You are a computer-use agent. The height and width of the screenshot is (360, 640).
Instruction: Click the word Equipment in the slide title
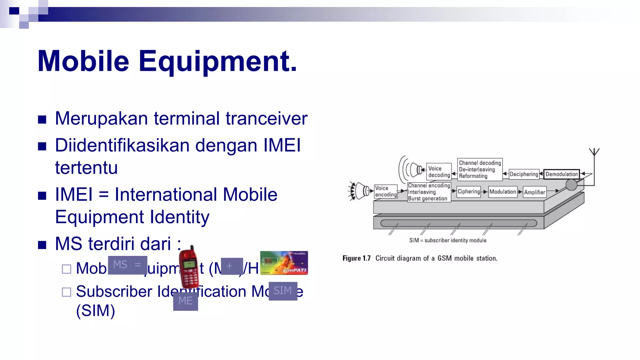218,61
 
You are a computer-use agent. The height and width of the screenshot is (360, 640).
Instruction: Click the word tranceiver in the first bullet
266,119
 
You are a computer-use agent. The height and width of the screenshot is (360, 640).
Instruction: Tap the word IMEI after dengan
282,146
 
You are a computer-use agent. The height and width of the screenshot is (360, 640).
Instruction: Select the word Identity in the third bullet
179,217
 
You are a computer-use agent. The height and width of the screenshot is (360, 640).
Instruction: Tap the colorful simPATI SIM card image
284,263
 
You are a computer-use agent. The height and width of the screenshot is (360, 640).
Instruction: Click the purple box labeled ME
185,301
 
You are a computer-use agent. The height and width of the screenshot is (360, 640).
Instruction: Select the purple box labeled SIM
283,291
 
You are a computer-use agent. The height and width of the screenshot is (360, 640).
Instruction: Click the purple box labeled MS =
127,265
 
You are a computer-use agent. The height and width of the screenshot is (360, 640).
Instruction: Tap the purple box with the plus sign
232,266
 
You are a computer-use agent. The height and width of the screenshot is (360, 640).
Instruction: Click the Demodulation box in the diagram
561,174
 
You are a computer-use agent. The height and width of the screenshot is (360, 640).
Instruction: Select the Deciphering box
524,174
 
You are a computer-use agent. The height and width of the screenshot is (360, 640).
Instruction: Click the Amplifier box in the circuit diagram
534,192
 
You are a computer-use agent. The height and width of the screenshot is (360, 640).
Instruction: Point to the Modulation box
502,192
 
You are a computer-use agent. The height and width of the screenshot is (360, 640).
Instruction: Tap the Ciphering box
468,192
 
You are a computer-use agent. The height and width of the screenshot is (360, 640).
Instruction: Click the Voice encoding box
385,191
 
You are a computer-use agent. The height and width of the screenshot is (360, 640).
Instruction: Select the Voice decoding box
439,172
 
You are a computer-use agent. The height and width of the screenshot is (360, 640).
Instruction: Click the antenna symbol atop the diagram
594,152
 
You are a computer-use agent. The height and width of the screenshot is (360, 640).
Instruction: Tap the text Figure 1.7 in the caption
356,258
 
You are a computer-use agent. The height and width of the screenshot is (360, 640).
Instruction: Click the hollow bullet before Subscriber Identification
67,292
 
